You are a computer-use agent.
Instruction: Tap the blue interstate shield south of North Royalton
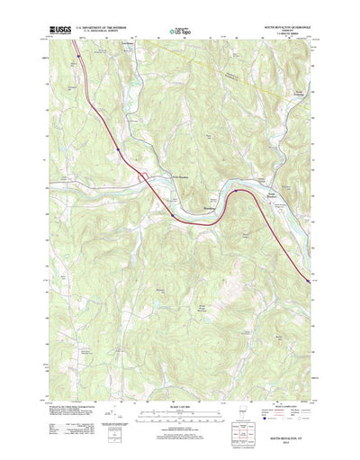click(x=172, y=215)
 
